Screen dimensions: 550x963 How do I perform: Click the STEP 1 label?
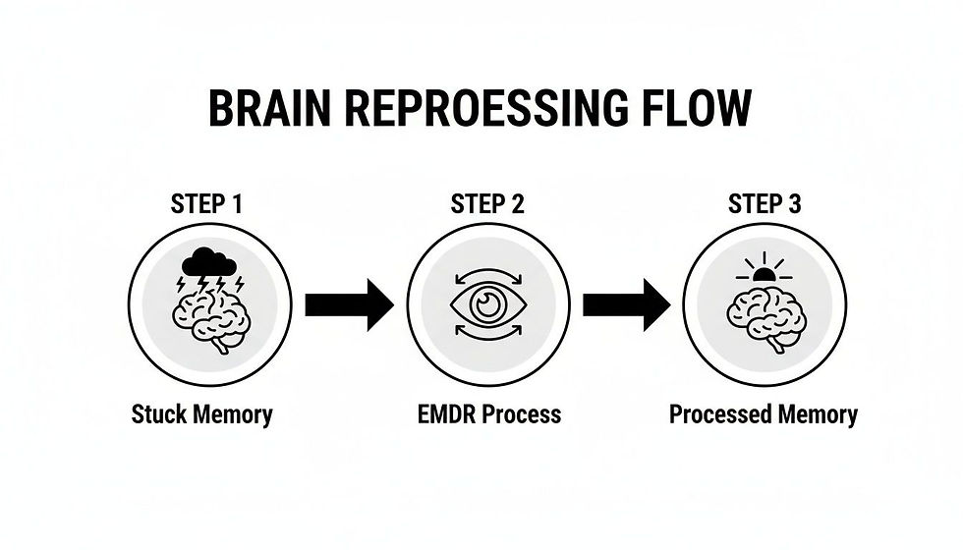click(x=206, y=204)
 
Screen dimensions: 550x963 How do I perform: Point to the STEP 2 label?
click(x=487, y=204)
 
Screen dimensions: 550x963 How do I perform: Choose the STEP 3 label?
click(x=765, y=204)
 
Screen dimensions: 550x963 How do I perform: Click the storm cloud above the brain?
click(x=207, y=261)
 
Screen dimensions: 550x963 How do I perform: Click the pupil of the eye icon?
click(x=487, y=305)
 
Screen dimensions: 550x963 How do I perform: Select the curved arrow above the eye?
click(x=487, y=266)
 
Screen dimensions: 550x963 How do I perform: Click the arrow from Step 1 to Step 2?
click(x=349, y=305)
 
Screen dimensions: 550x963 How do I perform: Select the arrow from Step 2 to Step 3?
click(x=626, y=305)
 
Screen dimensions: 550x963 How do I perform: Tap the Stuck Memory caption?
click(x=201, y=413)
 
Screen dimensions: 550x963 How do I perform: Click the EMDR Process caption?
click(x=487, y=413)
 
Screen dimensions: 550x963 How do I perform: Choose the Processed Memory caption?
click(x=764, y=413)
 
